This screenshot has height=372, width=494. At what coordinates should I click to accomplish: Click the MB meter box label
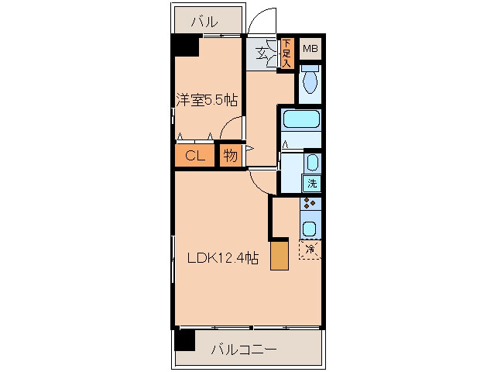coord(310,50)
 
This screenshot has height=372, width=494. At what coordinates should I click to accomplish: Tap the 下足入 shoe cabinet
coord(286,54)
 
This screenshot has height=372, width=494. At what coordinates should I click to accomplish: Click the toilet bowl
coord(310,82)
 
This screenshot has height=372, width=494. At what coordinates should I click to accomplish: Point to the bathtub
coord(302,120)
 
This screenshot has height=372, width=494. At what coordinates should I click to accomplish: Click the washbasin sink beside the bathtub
coord(311,162)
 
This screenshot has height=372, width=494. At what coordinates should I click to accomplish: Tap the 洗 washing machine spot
coord(311,184)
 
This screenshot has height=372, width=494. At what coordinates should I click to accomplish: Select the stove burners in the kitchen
coord(310,205)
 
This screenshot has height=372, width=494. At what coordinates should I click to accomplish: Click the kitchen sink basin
coord(310,229)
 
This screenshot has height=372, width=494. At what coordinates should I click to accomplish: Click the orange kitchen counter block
coord(279,255)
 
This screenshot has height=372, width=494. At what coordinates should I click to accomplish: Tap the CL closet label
coord(194,156)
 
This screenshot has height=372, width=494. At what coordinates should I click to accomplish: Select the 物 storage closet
coord(231,156)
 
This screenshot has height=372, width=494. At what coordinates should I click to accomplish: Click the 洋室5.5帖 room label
coord(206,100)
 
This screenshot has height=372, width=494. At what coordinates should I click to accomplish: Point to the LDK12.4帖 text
coord(221,259)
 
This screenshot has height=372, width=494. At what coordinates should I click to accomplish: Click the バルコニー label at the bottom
coord(244,350)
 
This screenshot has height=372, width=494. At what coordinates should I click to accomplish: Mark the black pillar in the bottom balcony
coord(184,339)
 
